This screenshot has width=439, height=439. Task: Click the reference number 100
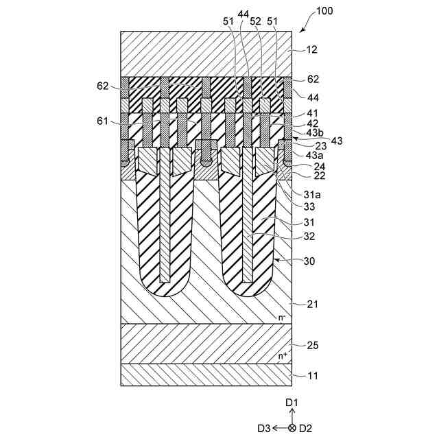coord(326,12)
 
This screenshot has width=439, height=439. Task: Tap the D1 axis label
coord(292,401)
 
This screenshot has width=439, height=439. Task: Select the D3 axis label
coord(264,428)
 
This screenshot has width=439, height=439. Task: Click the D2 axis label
coord(307,428)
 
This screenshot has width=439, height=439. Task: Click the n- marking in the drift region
coord(282,317)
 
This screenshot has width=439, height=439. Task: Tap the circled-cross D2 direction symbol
coord(292,428)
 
